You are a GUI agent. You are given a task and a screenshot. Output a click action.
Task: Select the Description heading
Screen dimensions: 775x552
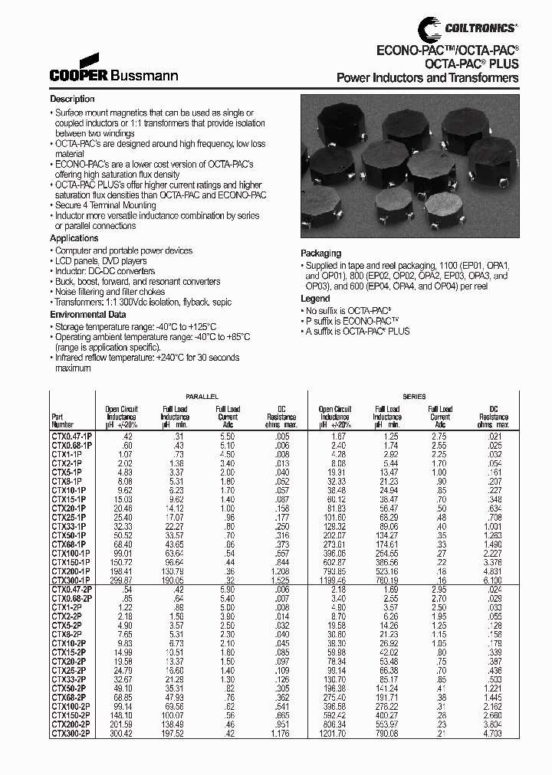(72, 100)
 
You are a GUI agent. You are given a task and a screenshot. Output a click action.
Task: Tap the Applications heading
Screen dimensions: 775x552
(74, 239)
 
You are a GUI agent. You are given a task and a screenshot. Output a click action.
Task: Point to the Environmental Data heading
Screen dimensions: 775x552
(88, 315)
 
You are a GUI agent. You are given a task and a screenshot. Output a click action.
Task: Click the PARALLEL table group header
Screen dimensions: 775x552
(202, 396)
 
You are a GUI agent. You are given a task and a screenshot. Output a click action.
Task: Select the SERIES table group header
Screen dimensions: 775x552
(414, 396)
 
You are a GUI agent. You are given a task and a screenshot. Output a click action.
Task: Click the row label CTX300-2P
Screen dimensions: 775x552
(70, 733)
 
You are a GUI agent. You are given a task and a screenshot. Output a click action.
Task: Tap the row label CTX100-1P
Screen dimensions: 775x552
(71, 551)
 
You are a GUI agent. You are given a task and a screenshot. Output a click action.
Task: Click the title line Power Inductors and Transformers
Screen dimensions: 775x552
(428, 78)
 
